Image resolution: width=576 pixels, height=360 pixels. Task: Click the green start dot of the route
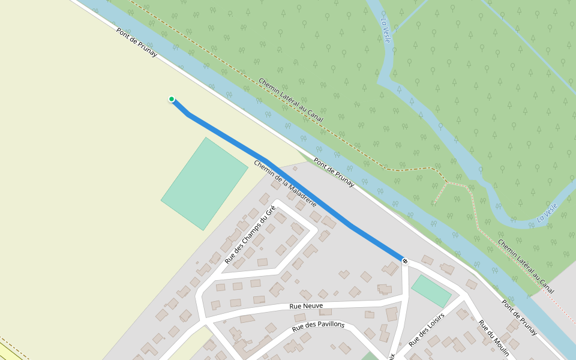[172, 99]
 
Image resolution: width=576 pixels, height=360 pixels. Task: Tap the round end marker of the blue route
[405, 261]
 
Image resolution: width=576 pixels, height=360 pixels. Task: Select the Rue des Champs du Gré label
[250, 235]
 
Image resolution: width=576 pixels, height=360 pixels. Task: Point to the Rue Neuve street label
[306, 306]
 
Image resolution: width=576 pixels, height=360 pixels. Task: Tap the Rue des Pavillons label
[318, 326]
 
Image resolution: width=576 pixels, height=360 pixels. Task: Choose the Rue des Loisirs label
[427, 329]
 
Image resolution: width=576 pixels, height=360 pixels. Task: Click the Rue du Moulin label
[494, 336]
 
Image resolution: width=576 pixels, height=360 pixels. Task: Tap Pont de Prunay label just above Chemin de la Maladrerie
[334, 172]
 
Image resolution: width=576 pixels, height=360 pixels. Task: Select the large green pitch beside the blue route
[205, 183]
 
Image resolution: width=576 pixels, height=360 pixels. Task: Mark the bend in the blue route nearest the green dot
[189, 114]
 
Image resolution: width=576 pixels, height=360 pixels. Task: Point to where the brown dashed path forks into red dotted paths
[447, 181]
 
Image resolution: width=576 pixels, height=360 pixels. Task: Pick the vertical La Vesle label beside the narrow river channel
[385, 28]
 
